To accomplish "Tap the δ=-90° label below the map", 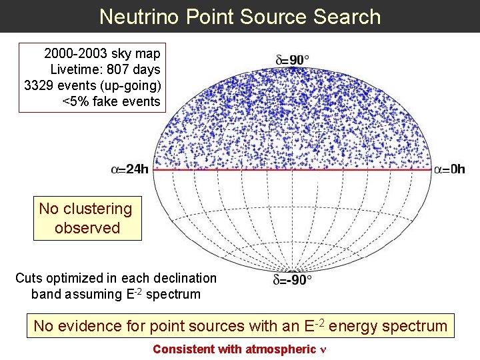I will point(292,279).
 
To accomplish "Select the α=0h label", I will point(449,169).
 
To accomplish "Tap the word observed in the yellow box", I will point(87,228).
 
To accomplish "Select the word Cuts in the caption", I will point(29,278).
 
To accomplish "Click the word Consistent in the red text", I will point(184,349).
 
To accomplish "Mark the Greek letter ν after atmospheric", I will point(323,349).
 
